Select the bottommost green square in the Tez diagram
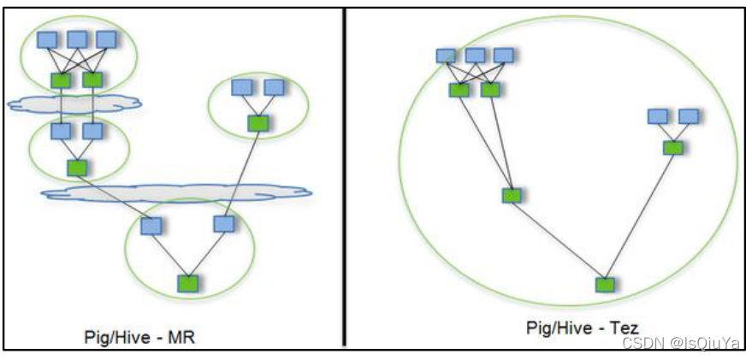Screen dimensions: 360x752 coord(604,284)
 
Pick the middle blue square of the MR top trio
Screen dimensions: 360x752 coord(77,39)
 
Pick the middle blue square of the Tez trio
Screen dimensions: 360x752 coord(476,56)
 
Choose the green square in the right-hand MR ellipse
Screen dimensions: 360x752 coord(256,123)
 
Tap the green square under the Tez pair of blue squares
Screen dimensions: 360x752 coord(672,147)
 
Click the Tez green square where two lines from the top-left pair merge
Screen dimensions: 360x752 coord(511,195)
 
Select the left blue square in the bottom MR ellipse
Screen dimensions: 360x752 coord(151,225)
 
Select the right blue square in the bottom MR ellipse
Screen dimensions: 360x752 coord(223,224)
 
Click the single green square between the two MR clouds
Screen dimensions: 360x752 coord(77,168)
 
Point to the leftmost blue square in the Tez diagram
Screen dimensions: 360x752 coord(446,56)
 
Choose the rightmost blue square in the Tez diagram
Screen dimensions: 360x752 coord(688,116)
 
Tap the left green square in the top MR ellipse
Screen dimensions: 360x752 coord(61,80)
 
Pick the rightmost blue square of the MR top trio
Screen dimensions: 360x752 coord(106,39)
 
